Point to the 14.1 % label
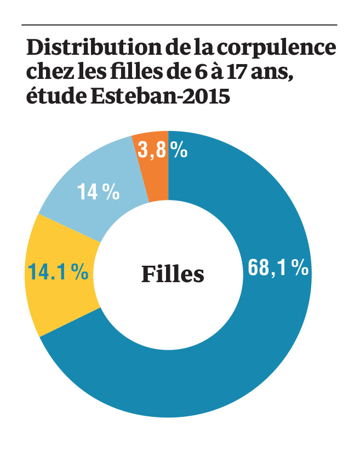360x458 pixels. (x=58, y=272)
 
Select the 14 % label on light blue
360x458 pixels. (x=98, y=192)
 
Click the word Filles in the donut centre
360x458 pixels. (x=173, y=273)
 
